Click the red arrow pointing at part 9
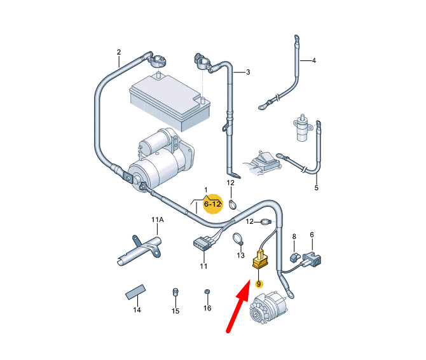238,306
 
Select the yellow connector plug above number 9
260,260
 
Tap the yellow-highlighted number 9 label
259,284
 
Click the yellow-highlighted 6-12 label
213,204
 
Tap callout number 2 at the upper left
119,52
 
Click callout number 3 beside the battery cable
248,73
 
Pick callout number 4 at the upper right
314,60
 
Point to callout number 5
316,188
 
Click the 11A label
158,219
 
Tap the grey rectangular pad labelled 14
135,292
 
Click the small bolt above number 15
175,292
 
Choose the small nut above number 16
207,292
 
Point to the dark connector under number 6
312,259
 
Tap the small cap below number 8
294,257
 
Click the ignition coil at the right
301,127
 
